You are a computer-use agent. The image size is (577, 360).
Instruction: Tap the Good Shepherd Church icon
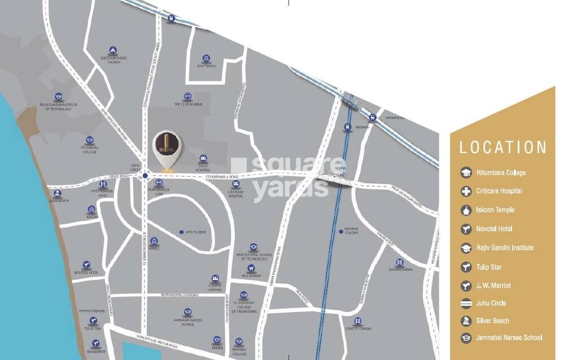tap(113, 50)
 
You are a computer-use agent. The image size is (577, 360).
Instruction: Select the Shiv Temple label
tap(207, 65)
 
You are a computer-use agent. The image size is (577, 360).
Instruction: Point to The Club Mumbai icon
tap(187, 96)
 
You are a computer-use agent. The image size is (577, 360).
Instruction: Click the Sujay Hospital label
tap(203, 168)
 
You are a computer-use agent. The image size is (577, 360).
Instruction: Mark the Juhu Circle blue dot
tap(145, 175)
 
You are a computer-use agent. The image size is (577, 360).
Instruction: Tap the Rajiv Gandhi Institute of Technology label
tap(59, 107)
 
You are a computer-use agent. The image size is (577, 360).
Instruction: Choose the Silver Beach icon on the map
tap(58, 193)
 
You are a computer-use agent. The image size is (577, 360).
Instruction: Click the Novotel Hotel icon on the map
tap(86, 265)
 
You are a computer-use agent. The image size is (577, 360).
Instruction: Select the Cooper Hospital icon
tap(215, 279)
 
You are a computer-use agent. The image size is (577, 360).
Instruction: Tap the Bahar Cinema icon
tap(400, 262)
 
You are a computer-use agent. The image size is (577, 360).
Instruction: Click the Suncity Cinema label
tap(358, 328)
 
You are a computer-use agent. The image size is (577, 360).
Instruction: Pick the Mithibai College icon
tap(239, 341)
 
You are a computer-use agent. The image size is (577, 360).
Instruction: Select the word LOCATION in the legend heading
tap(502, 148)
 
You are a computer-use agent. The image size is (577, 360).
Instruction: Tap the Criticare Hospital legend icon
tap(466, 191)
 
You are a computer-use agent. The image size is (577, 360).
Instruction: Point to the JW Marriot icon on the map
tap(95, 343)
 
